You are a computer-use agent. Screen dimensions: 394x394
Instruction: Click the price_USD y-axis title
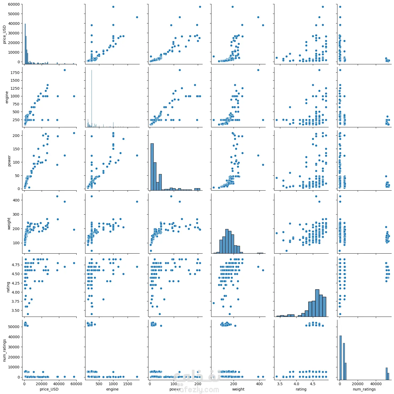coord(4,34)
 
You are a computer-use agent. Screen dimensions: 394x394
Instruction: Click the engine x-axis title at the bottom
coord(112,389)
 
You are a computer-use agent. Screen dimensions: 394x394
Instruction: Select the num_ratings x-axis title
coord(364,389)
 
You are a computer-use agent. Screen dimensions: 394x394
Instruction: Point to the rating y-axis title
coord(8,287)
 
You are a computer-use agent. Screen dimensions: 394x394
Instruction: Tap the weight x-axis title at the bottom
coord(238,389)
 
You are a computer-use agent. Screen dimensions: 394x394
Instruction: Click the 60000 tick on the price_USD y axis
coord(14,4)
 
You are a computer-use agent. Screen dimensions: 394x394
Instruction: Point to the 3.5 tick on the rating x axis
coord(280,384)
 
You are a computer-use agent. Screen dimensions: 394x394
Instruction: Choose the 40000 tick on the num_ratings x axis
coord(376,384)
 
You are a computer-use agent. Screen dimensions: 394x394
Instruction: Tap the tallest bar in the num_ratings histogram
coord(340,358)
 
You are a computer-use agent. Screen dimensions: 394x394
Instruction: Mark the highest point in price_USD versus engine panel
coord(113,7)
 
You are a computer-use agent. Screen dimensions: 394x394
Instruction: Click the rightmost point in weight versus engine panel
coord(137,202)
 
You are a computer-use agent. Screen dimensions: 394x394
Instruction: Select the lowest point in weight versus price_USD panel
coord(29,251)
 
